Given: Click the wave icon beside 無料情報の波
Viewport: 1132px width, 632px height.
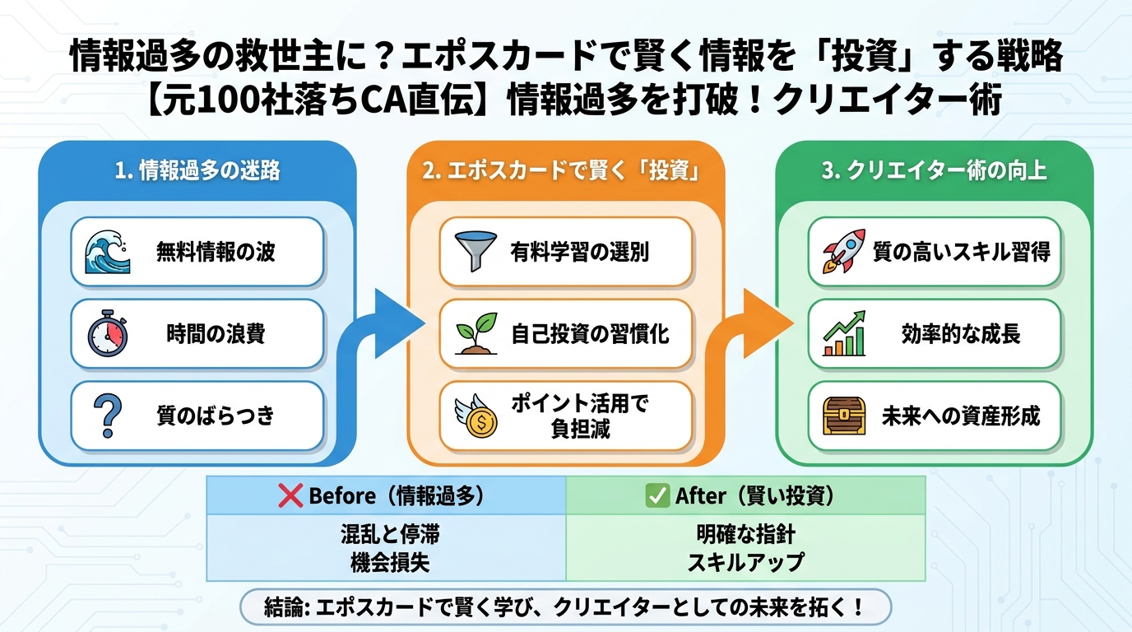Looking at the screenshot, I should click(109, 252).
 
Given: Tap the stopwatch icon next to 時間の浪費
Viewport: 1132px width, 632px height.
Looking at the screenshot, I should click(109, 333).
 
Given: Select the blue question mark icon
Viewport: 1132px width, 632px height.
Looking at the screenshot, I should click(109, 416).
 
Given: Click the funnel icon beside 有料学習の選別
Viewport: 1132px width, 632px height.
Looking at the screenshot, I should click(478, 252).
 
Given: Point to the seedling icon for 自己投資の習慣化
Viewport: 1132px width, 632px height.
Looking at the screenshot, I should click(478, 333).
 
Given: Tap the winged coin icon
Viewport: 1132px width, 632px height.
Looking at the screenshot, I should click(478, 416).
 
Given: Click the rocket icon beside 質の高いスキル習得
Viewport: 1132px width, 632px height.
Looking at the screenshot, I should click(844, 252).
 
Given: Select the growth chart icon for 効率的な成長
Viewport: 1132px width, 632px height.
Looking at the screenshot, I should click(844, 333).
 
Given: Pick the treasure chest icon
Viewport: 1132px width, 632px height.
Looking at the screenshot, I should click(844, 416).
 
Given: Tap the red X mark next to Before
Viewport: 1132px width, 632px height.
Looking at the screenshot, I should click(291, 495).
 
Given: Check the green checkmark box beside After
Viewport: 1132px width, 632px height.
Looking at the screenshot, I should click(657, 495).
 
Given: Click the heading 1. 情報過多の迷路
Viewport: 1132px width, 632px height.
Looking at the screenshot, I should click(197, 170).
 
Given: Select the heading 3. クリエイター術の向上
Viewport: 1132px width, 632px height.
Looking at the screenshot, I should click(935, 170).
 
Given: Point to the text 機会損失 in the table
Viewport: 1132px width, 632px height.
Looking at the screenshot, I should click(386, 562).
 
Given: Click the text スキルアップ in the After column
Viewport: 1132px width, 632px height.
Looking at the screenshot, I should click(745, 562).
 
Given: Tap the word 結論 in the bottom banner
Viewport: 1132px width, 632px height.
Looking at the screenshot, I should click(281, 608).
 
